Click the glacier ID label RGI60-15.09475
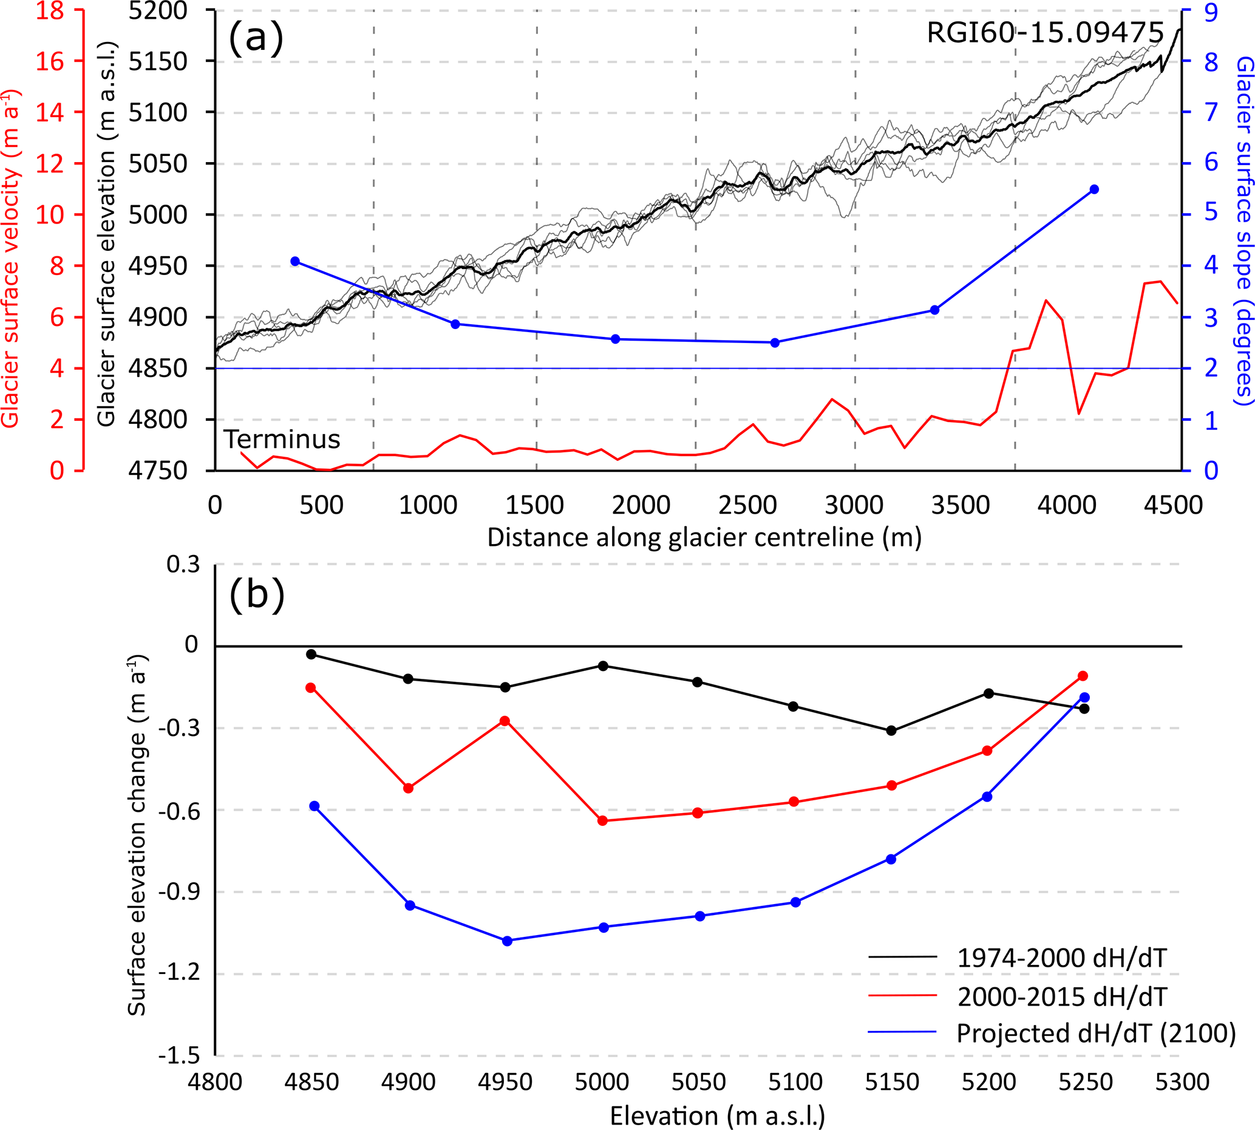coord(1044,33)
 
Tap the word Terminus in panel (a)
coord(282,440)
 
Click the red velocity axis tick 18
coord(50,10)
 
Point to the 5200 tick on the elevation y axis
coord(158,10)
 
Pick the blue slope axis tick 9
coord(1211,12)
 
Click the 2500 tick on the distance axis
coord(747,505)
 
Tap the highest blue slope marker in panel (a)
coord(1094,189)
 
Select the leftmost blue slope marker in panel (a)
coord(295,261)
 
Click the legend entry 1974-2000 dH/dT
coord(1061,959)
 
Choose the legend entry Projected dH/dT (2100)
coord(1096,1034)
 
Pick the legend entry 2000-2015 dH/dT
coord(1061,996)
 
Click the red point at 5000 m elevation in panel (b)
coord(602,821)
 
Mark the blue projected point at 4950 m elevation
coord(507,941)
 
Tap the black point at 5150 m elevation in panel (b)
coord(891,731)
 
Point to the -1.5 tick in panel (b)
coord(179,1056)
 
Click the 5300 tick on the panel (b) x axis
coord(1182,1082)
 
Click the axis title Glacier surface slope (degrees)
coord(1244,230)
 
